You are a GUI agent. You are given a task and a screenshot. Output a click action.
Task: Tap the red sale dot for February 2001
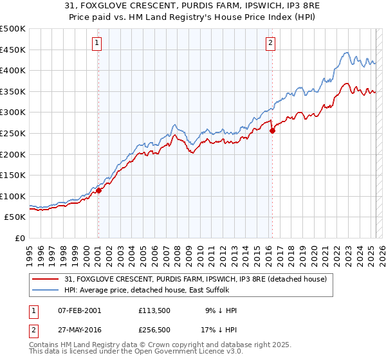[98, 190]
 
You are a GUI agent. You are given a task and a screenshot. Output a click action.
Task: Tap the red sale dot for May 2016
[272, 130]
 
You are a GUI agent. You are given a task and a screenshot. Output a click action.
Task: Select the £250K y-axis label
[13, 133]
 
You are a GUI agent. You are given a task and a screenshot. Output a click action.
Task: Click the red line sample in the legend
[46, 279]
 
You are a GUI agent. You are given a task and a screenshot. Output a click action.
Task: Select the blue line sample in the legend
[46, 290]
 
